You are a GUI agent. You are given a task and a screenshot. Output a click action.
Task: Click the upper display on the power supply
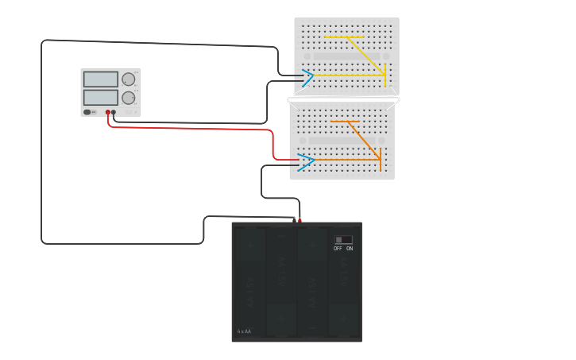click(100, 79)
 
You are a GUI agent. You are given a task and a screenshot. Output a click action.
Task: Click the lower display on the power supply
click(100, 97)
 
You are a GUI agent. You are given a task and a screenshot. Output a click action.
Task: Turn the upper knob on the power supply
click(128, 79)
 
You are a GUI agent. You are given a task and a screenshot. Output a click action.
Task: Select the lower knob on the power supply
click(128, 98)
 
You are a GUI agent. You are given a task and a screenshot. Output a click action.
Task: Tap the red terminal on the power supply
click(108, 113)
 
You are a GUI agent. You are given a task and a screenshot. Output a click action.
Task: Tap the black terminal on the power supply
click(114, 113)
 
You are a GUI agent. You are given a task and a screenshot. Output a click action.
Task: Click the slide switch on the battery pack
click(343, 239)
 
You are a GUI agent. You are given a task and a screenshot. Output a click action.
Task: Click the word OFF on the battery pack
click(338, 249)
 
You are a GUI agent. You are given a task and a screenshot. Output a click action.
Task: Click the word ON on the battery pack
click(350, 249)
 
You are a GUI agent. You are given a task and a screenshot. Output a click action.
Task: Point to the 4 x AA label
click(244, 331)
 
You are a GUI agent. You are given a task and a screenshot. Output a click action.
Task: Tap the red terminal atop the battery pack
click(300, 220)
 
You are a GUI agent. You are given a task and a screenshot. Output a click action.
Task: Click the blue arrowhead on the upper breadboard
click(307, 76)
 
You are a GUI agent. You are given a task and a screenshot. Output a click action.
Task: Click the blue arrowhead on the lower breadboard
click(307, 161)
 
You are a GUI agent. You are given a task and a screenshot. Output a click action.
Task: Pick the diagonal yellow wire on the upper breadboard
click(365, 55)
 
